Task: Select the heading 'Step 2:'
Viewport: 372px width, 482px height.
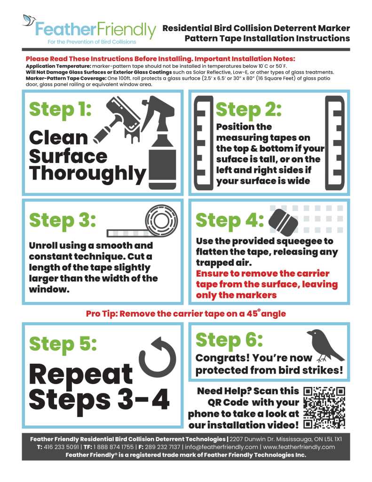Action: click(249, 110)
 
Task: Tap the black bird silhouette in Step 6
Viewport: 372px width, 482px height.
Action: click(325, 345)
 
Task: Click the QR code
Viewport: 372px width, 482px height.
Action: click(324, 408)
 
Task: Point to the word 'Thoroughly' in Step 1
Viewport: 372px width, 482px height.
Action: click(87, 174)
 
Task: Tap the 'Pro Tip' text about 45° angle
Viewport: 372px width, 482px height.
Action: click(186, 313)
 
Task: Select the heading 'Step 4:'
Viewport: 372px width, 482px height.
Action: click(230, 221)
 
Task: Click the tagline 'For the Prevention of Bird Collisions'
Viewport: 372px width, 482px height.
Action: click(92, 42)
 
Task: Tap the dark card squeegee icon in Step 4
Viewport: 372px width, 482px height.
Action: click(283, 221)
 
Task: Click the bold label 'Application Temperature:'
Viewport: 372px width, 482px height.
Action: click(59, 66)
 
